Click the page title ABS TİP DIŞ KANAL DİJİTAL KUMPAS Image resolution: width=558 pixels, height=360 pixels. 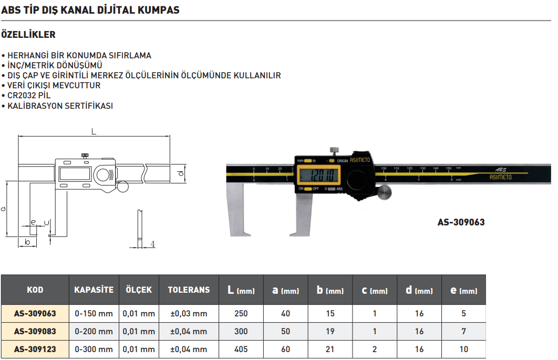pos(90,9)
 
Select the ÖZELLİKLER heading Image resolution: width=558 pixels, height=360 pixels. pos(29,35)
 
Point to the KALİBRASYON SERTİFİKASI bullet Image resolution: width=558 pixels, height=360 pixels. pos(60,106)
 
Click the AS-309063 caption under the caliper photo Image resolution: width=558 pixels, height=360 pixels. pos(461,222)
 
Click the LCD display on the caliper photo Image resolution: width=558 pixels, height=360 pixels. pos(317,174)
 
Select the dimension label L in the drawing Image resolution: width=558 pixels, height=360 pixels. pos(94,132)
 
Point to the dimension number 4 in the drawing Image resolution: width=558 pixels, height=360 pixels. pos(152,244)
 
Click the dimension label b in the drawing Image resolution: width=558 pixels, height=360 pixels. pos(27,242)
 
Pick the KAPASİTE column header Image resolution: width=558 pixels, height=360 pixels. pos(94,290)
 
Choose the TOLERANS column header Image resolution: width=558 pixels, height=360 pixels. pos(189,290)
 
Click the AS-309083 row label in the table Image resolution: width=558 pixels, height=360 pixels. pos(35,331)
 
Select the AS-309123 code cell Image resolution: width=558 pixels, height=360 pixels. pos(35,349)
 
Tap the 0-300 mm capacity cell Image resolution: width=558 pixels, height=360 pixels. pos(94,349)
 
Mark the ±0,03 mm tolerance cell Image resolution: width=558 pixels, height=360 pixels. pos(189,314)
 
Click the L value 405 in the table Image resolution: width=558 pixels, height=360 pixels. pos(241,349)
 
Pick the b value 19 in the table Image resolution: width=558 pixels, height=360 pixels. pos(330,331)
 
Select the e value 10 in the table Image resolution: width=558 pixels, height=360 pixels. pos(463,349)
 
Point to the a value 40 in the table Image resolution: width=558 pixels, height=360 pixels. pos(285,314)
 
